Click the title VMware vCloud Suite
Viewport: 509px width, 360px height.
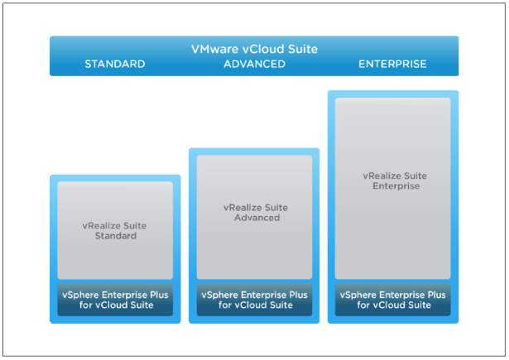pos(254,49)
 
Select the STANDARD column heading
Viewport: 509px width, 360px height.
pos(115,64)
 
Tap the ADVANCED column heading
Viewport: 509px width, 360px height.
pos(254,64)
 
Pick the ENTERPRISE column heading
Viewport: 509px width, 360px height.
pos(392,64)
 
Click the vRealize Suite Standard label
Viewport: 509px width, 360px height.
pos(115,230)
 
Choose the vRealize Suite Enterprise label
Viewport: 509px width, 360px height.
pos(392,180)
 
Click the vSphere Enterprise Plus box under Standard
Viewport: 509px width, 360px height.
pos(115,299)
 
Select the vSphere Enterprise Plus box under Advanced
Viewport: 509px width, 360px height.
pos(254,299)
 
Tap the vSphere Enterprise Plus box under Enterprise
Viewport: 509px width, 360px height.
pos(392,299)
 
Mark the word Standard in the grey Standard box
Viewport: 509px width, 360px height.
pos(115,236)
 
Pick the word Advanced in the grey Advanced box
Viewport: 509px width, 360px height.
pos(254,218)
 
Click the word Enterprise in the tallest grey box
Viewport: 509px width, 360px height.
pos(392,186)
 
